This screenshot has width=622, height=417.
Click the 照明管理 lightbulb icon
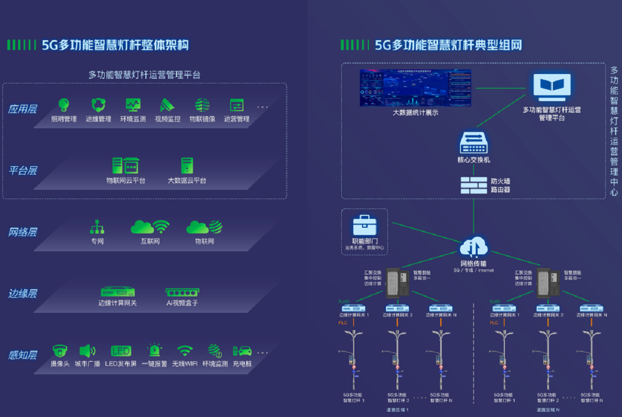pyautogui.click(x=64, y=105)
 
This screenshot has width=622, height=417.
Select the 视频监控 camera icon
pyautogui.click(x=167, y=105)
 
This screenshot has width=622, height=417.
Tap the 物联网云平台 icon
pyautogui.click(x=126, y=166)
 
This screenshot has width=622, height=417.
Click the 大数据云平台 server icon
pyautogui.click(x=187, y=166)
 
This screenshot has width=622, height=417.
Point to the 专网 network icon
pyautogui.click(x=97, y=227)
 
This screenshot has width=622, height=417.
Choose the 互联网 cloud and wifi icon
pyautogui.click(x=150, y=227)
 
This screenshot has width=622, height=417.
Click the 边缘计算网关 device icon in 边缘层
pyautogui.click(x=118, y=292)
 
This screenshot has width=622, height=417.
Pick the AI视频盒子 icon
pyautogui.click(x=182, y=292)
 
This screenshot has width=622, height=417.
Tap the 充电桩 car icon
pyautogui.click(x=242, y=351)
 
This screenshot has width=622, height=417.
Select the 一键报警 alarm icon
pyautogui.click(x=154, y=350)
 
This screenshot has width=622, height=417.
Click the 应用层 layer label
pyautogui.click(x=22, y=109)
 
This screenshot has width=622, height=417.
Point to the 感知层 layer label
pyautogui.click(x=22, y=355)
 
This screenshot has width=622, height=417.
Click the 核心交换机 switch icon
pyautogui.click(x=474, y=142)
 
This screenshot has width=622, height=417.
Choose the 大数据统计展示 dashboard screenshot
pyautogui.click(x=415, y=88)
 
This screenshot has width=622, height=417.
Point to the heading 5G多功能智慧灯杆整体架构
pyautogui.click(x=115, y=45)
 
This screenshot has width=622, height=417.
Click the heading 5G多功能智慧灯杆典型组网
pyautogui.click(x=449, y=45)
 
